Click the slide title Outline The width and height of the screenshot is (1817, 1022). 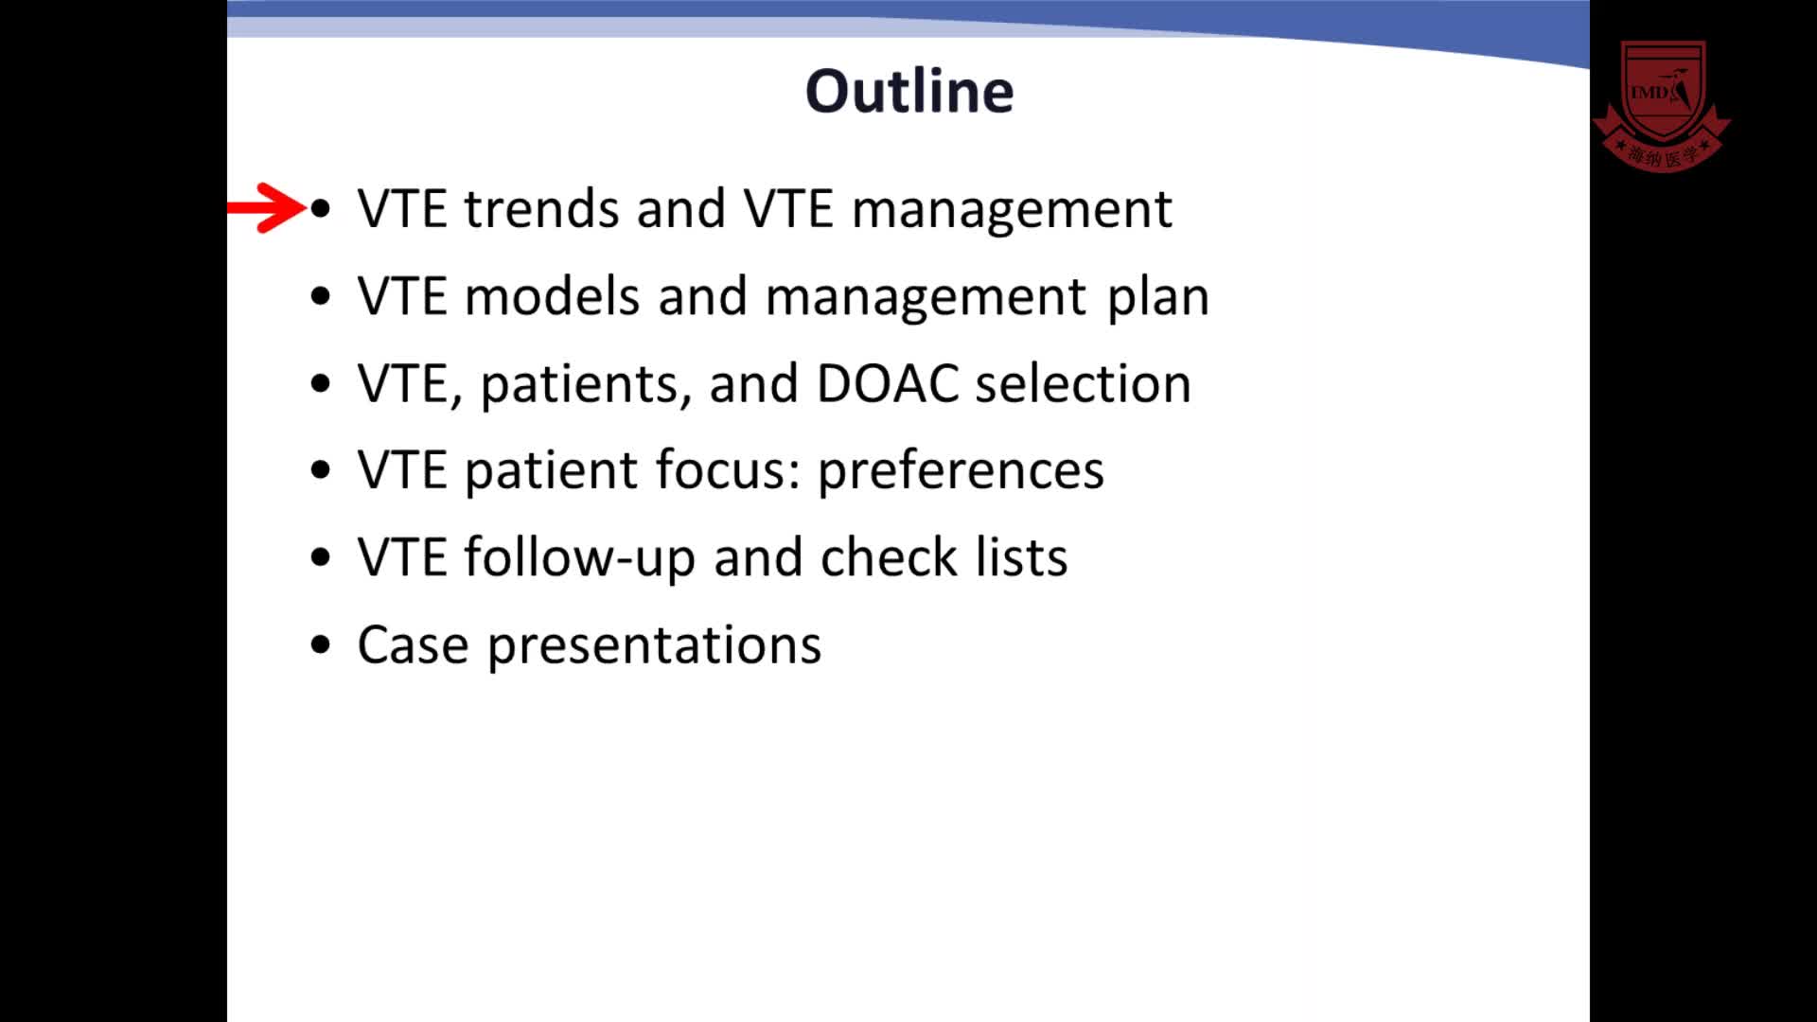(x=909, y=91)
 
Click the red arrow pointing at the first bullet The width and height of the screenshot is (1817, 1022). (x=267, y=207)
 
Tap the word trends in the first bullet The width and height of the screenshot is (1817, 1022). (x=541, y=208)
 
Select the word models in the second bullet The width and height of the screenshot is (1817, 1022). (x=553, y=296)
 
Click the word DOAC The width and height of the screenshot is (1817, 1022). (x=888, y=383)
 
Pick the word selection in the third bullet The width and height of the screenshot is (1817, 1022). (x=1084, y=383)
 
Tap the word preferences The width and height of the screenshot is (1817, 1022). (x=961, y=470)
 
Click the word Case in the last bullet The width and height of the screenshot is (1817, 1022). (x=414, y=645)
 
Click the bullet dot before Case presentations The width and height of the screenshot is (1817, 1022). (x=321, y=645)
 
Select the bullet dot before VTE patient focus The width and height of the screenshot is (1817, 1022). (x=321, y=470)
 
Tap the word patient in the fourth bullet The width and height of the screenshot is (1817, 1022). (x=551, y=471)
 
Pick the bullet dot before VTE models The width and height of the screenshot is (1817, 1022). (x=321, y=296)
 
